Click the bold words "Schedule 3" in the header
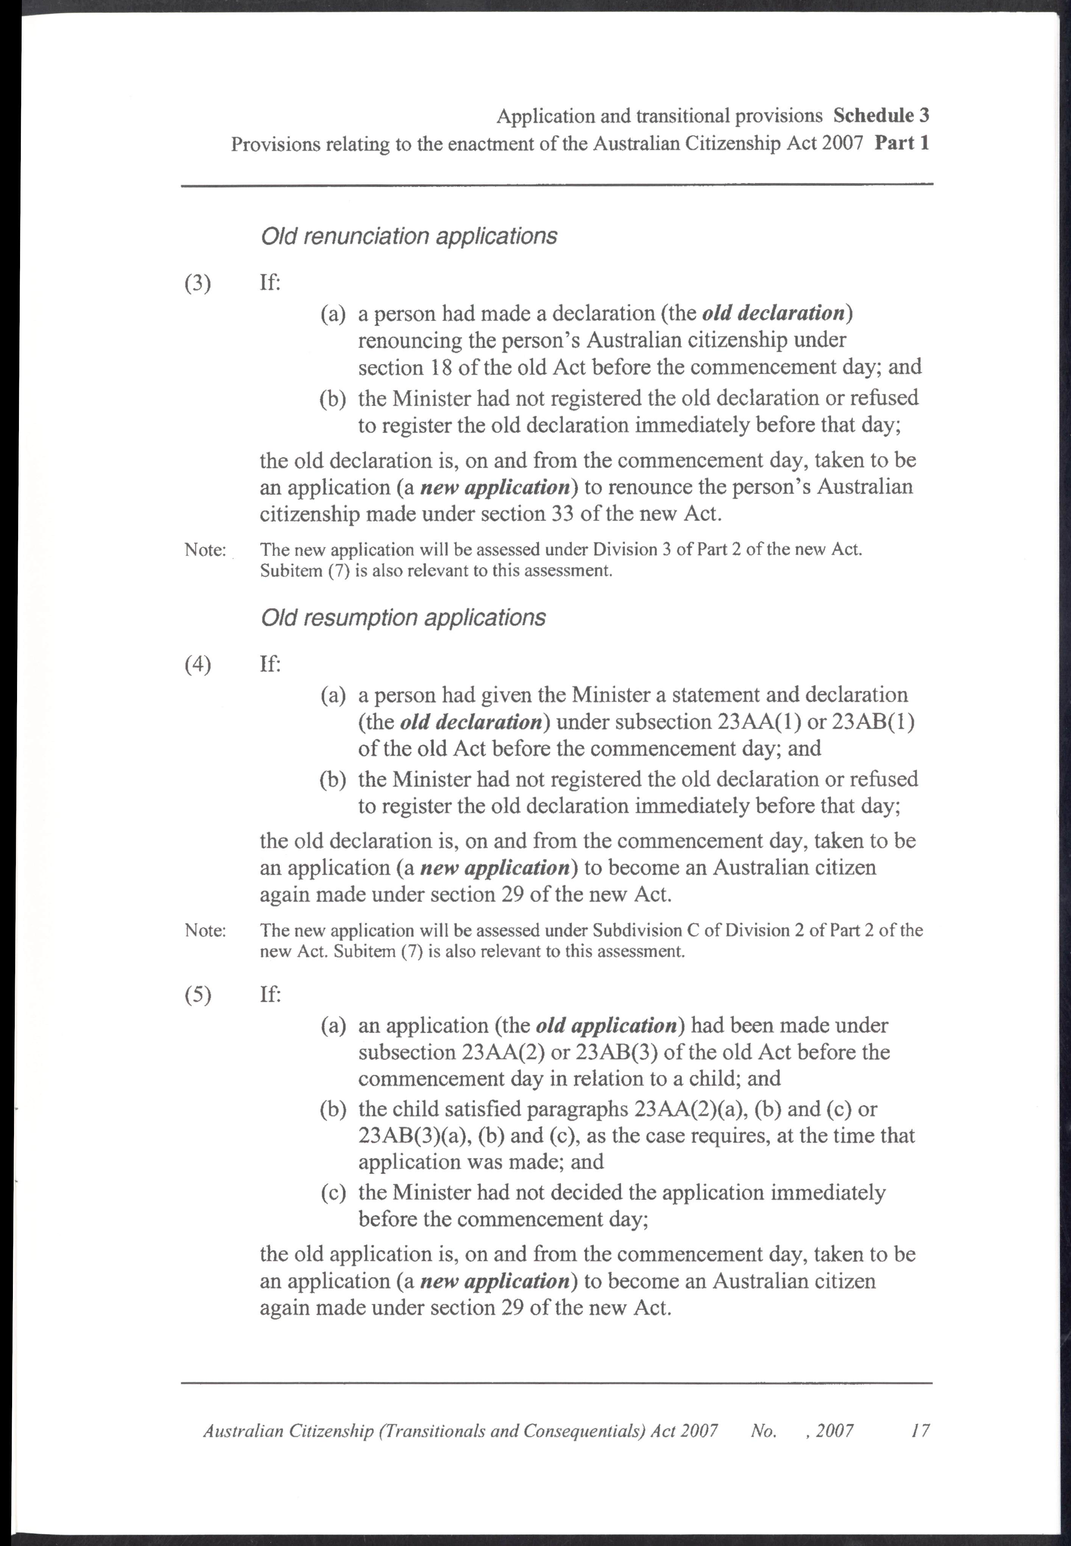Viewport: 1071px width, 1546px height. click(x=881, y=116)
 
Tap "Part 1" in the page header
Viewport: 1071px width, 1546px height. click(x=901, y=144)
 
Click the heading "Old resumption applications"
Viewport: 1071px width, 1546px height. click(x=403, y=617)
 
